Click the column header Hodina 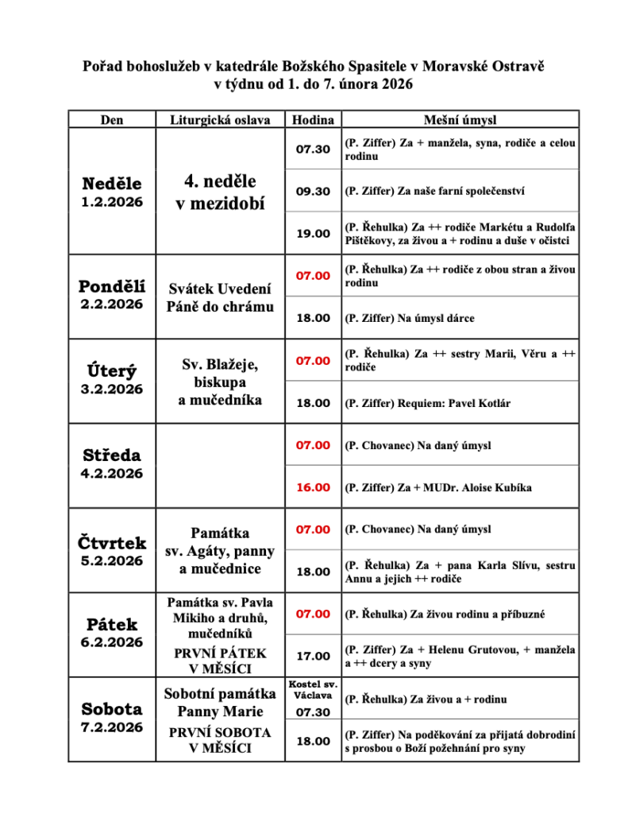click(x=313, y=120)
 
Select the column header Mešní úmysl click(x=460, y=120)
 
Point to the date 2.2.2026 click(x=112, y=304)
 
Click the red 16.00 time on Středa click(x=313, y=487)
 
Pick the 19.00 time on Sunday click(x=313, y=234)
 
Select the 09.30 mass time click(x=313, y=192)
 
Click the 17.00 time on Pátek click(x=313, y=656)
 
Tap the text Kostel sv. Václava click(x=313, y=690)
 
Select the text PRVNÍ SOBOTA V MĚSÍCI click(x=221, y=740)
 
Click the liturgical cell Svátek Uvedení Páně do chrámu click(x=221, y=297)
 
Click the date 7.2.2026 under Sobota click(x=112, y=727)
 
